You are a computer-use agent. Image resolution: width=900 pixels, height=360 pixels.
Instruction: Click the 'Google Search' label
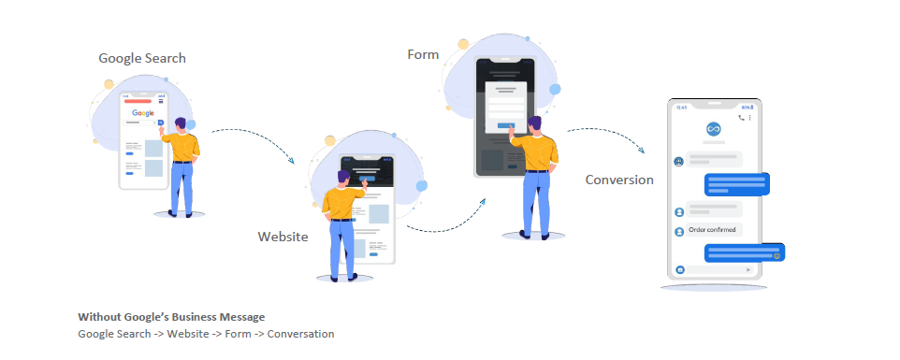142,58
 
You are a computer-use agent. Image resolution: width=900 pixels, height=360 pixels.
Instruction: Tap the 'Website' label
283,237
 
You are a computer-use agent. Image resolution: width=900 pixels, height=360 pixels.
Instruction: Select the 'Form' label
423,54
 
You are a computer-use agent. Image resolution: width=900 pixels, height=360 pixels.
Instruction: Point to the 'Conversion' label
619,180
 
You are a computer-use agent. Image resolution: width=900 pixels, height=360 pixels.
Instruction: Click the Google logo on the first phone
143,113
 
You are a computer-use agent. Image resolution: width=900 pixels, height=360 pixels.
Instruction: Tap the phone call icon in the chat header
741,118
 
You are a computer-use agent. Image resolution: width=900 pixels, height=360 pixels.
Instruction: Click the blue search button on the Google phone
160,122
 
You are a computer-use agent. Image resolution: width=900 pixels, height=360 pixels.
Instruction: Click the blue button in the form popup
505,124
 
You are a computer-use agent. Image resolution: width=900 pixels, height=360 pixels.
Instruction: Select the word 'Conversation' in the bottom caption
300,333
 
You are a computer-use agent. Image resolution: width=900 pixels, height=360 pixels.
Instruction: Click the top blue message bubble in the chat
736,183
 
